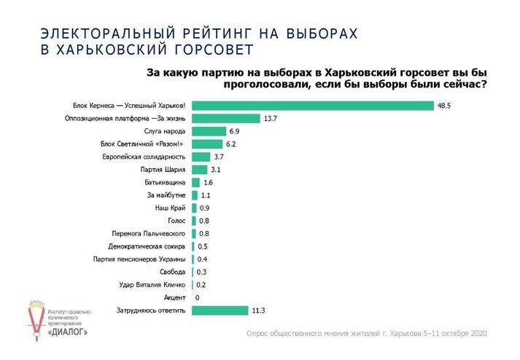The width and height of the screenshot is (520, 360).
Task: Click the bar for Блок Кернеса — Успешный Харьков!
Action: tap(313, 106)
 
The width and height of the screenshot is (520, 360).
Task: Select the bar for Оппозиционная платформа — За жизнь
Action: tap(226, 118)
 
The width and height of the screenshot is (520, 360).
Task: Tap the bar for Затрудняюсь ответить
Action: tap(220, 310)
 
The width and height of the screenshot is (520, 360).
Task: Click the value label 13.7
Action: tap(271, 118)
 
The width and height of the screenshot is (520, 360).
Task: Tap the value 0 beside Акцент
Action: tap(197, 297)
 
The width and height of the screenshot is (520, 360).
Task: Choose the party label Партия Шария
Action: tap(165, 170)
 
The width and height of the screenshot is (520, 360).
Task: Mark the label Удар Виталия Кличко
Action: tap(151, 284)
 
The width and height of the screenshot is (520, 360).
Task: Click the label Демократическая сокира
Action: tap(152, 246)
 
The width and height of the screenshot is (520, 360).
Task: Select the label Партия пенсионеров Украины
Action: tap(140, 259)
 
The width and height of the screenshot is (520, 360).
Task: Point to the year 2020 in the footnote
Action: tap(477, 333)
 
